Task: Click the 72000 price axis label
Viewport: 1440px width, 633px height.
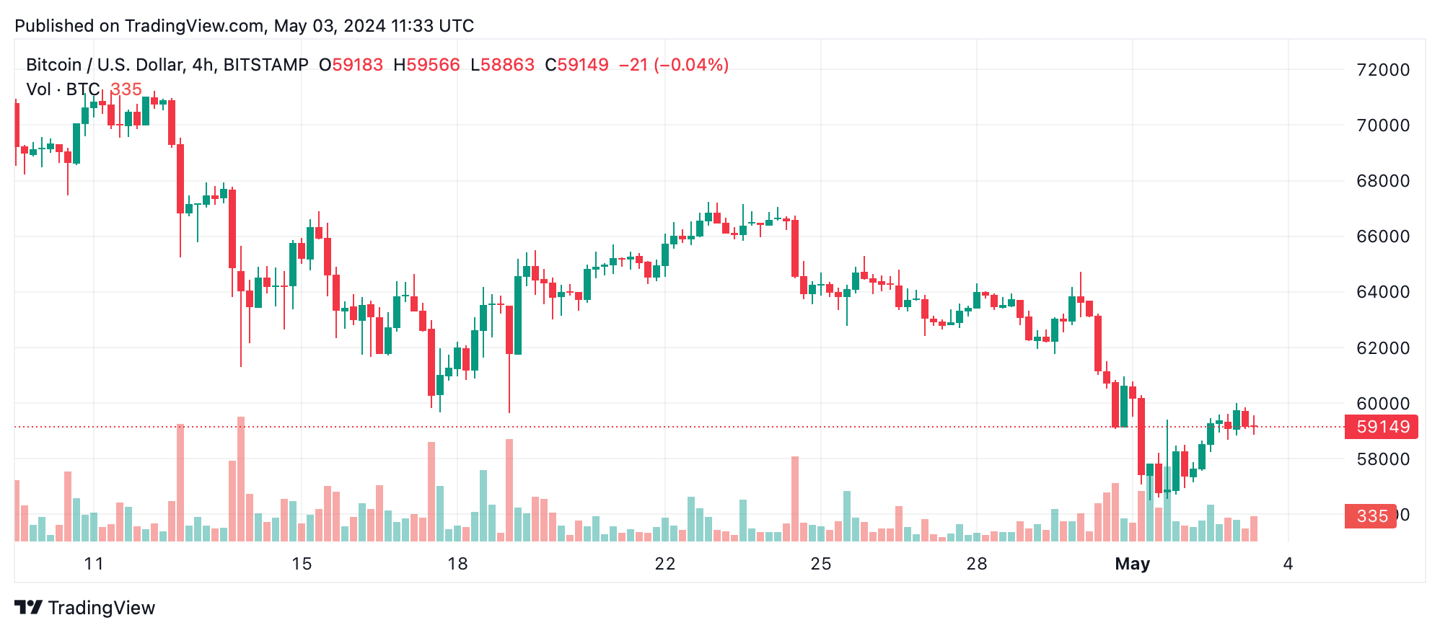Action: tap(1382, 70)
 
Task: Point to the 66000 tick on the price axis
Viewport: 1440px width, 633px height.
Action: tap(1382, 236)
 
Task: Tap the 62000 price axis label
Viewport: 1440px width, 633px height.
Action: tap(1382, 348)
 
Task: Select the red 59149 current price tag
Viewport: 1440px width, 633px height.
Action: tap(1382, 427)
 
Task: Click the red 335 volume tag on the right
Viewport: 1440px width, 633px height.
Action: tap(1371, 516)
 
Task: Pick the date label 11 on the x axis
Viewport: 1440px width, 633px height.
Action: tap(94, 564)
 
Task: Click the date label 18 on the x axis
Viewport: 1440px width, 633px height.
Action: tap(457, 564)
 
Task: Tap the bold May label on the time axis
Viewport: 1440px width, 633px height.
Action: tap(1132, 564)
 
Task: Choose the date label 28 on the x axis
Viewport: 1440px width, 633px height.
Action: tap(976, 564)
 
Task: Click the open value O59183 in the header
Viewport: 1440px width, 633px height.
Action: tap(351, 65)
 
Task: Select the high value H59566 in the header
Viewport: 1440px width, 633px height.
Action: tap(426, 65)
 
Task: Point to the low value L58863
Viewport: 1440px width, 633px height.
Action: tap(502, 65)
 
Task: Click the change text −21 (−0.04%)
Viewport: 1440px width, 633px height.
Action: tap(673, 65)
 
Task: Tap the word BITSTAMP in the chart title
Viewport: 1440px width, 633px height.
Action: tap(265, 65)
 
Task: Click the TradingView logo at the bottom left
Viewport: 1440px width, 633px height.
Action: tap(85, 608)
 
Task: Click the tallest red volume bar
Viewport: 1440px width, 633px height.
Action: tap(241, 479)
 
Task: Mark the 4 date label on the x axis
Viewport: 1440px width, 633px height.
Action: tap(1288, 564)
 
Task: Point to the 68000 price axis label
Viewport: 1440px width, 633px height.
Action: tap(1382, 181)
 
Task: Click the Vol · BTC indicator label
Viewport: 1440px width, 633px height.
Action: tap(63, 89)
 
